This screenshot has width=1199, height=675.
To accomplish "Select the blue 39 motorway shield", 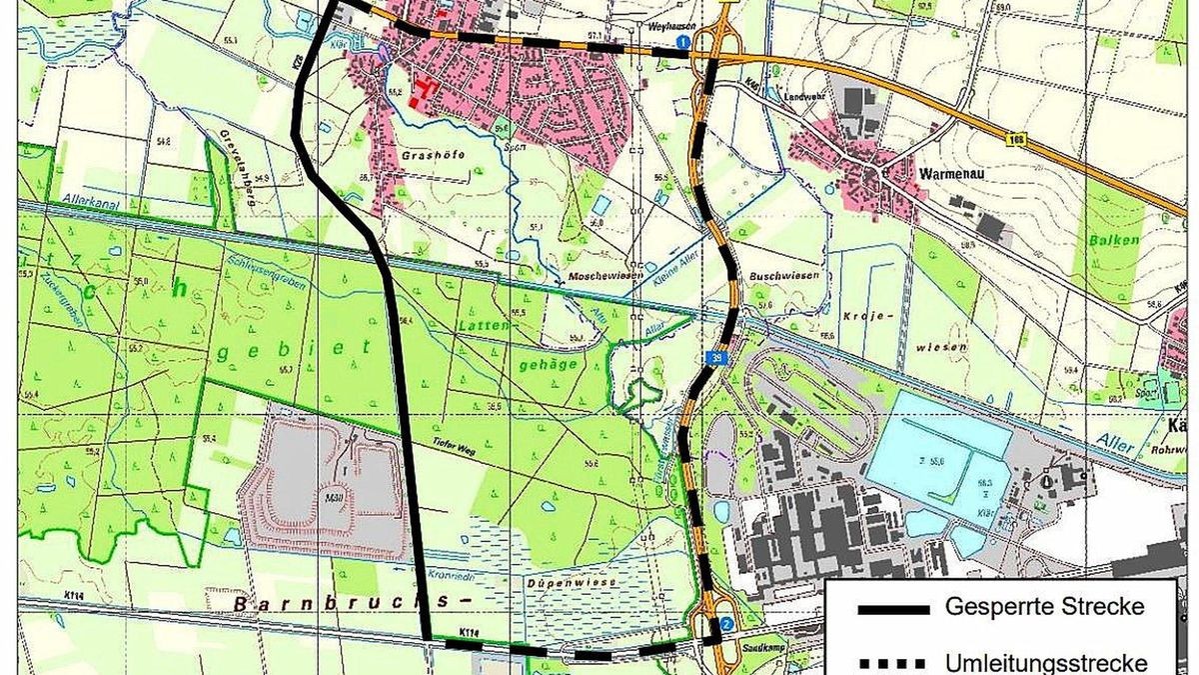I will point(717,357).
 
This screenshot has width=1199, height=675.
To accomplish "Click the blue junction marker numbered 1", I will point(682,42).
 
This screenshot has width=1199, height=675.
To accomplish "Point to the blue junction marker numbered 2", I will point(726,624).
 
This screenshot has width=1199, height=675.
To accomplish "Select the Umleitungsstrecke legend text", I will point(1046,662).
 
